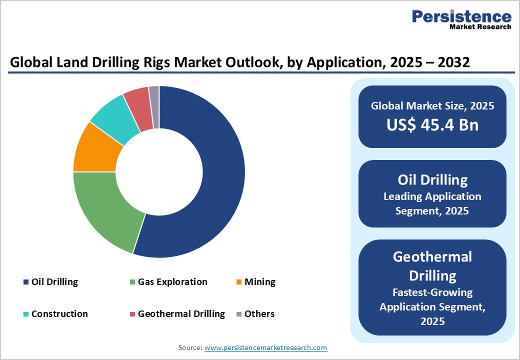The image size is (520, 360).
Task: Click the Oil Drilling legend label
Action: [54, 282]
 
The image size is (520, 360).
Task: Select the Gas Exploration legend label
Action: [172, 282]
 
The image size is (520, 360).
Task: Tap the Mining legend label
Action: [259, 282]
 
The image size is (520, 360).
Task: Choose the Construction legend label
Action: [59, 314]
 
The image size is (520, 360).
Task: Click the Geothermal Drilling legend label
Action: [181, 314]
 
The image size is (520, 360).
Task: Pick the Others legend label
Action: [259, 314]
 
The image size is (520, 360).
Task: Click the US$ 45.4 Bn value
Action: [432, 125]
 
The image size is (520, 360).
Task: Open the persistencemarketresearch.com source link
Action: [265, 347]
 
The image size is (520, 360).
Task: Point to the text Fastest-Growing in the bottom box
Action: [432, 292]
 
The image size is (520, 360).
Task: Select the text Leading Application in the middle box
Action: [432, 196]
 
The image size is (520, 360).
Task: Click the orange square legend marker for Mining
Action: [239, 282]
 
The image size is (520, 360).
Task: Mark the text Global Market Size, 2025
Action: [432, 106]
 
